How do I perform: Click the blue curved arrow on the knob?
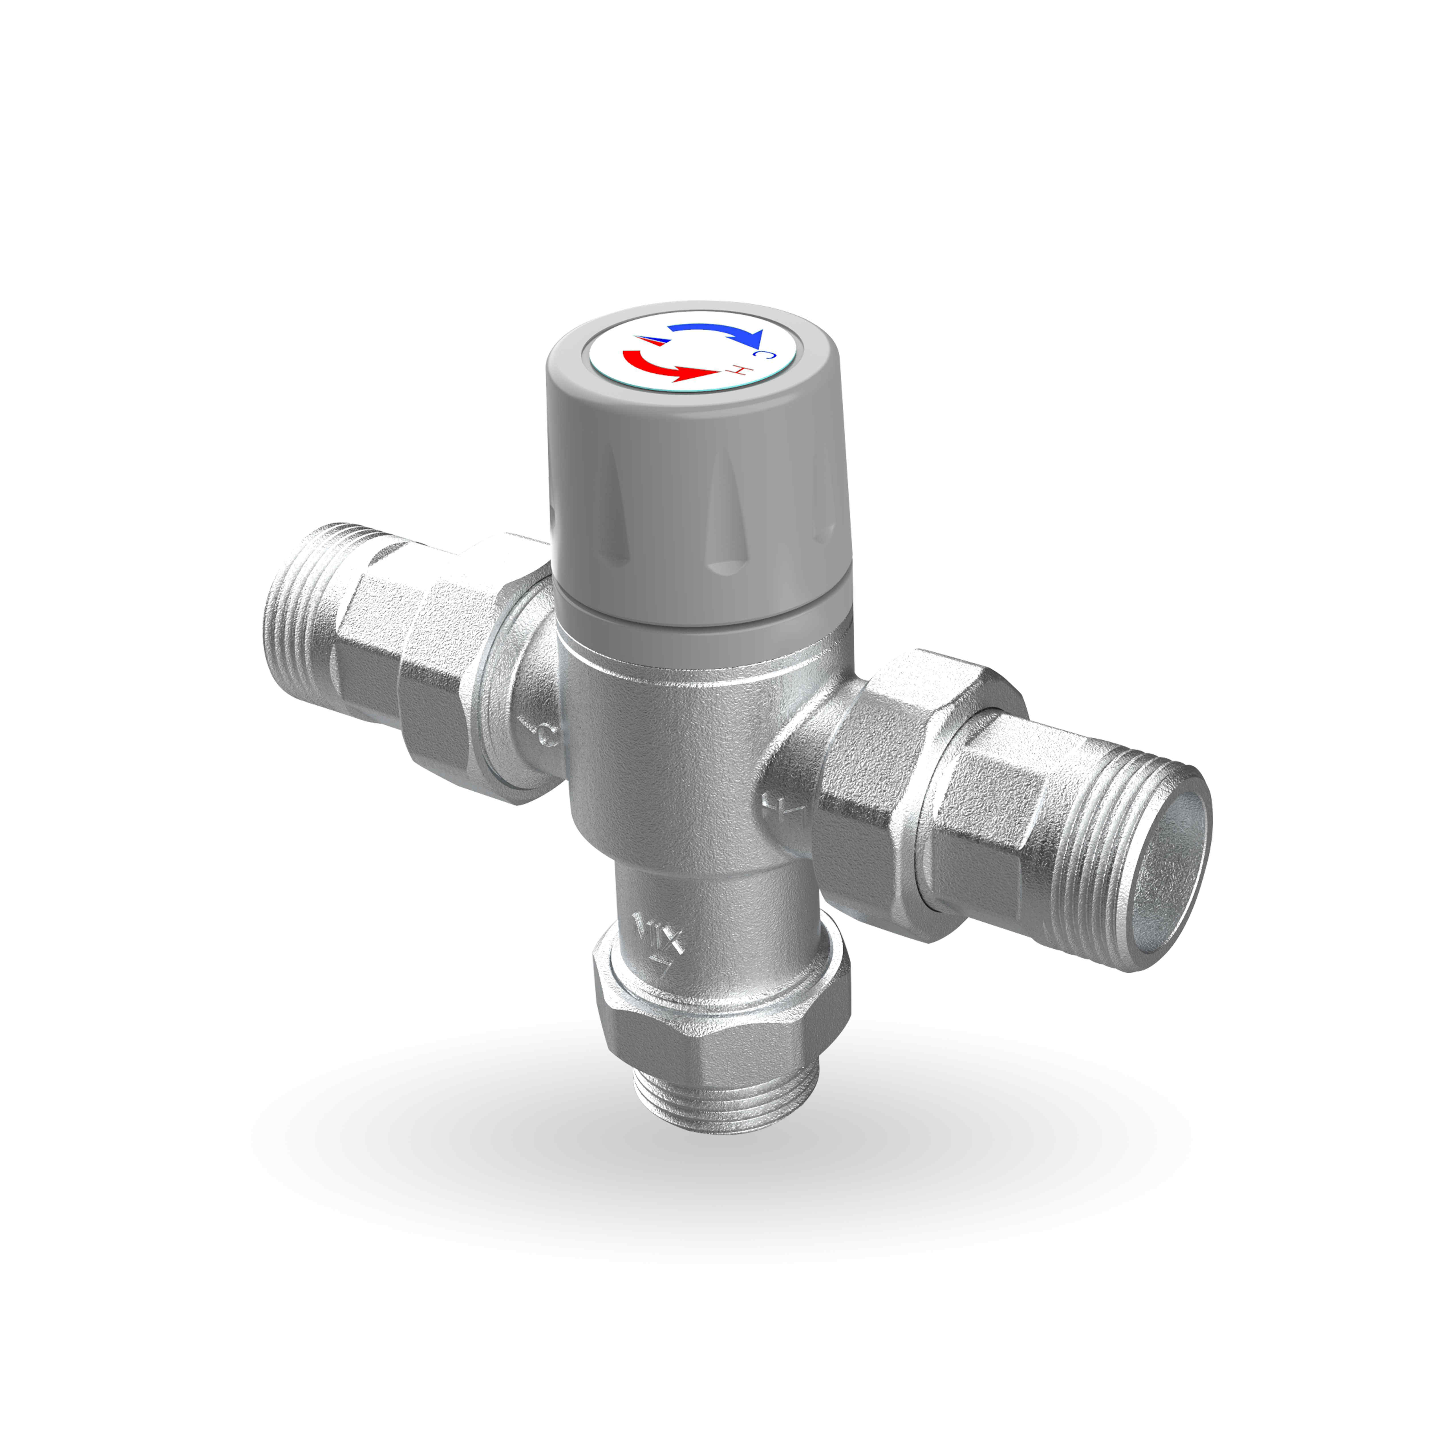716,330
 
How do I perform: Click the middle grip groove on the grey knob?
725,520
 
